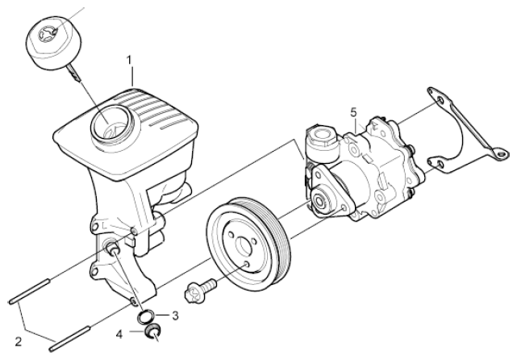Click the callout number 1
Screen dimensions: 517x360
130,60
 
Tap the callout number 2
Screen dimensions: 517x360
19,341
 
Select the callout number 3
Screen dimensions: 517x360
175,316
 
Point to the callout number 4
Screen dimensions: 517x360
119,335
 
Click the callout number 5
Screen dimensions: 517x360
353,112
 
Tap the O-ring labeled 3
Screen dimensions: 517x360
145,316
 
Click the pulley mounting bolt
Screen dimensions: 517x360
200,290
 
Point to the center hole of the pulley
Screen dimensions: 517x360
244,245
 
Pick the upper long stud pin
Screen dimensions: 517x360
29,291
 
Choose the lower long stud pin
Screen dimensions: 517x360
69,338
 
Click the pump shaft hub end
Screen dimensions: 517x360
319,200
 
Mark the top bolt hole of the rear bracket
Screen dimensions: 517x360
440,100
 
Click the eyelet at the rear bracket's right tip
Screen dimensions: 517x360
501,154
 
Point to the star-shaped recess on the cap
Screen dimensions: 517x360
47,33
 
